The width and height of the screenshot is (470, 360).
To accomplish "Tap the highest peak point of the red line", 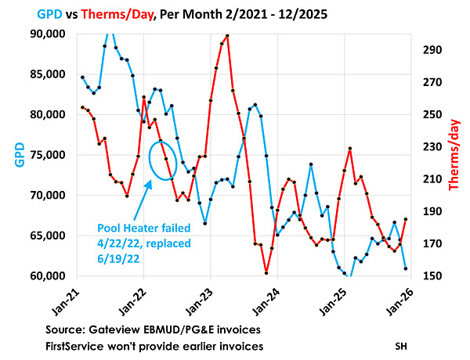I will [x=226, y=36].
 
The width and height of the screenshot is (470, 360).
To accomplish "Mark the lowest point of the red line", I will [x=266, y=272].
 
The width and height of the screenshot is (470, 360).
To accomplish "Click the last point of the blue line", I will [x=405, y=268].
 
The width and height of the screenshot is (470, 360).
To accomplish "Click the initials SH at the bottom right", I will [x=401, y=344].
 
